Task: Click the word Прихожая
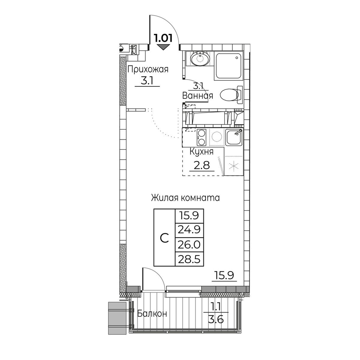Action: (148, 69)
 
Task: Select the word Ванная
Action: (198, 95)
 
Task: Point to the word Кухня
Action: (201, 152)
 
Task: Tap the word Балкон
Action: (152, 314)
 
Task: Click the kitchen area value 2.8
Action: (202, 165)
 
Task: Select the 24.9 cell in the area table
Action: (189, 230)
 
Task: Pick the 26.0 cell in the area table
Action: (189, 245)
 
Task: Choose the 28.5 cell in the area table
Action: (189, 259)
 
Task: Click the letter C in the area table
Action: (165, 238)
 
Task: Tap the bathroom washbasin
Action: (200, 58)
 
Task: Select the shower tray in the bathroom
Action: (228, 66)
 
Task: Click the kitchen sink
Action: (234, 138)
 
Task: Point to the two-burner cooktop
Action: (201, 138)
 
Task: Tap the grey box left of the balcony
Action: (117, 318)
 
